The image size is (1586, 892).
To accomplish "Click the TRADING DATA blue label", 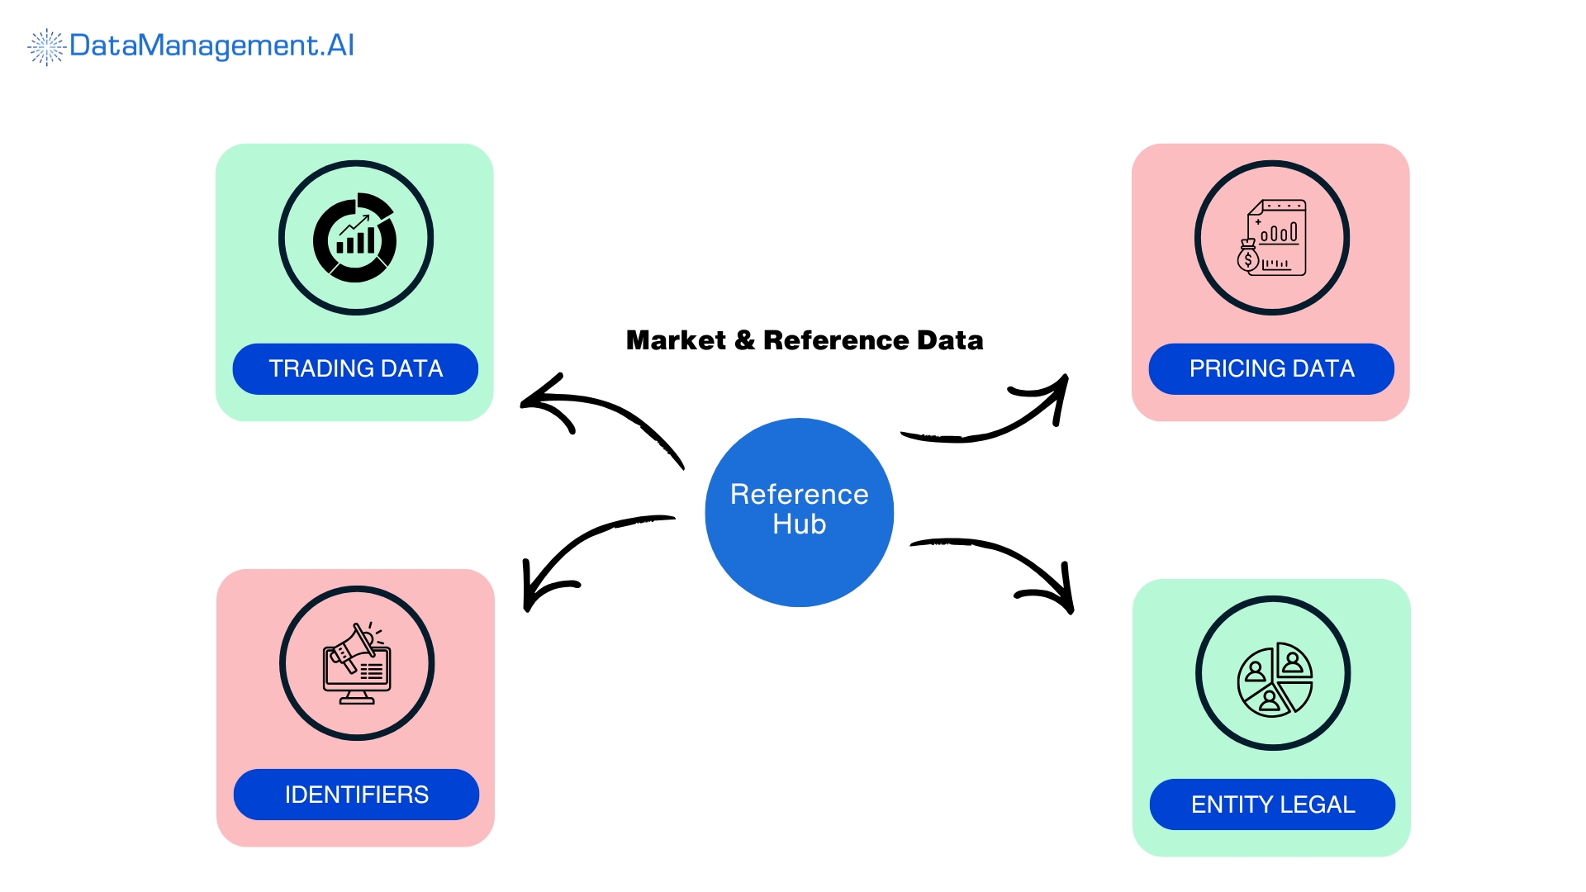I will (x=355, y=368).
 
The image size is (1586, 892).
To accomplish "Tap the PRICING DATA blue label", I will (x=1271, y=368).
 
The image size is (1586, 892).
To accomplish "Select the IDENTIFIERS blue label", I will (x=356, y=795).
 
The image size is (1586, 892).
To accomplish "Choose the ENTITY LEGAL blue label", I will (x=1272, y=804).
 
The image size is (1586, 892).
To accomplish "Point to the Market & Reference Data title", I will (x=805, y=340).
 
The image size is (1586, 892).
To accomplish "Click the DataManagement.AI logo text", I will (x=211, y=45).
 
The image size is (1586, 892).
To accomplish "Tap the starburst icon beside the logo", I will (x=46, y=46).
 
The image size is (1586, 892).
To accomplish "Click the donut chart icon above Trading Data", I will (x=355, y=239).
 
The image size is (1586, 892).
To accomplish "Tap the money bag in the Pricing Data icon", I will (x=1248, y=257).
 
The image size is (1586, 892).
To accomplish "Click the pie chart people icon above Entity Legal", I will (x=1274, y=680).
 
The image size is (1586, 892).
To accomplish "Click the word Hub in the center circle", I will (x=799, y=524).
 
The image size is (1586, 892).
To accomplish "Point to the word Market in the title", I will (x=676, y=340).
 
